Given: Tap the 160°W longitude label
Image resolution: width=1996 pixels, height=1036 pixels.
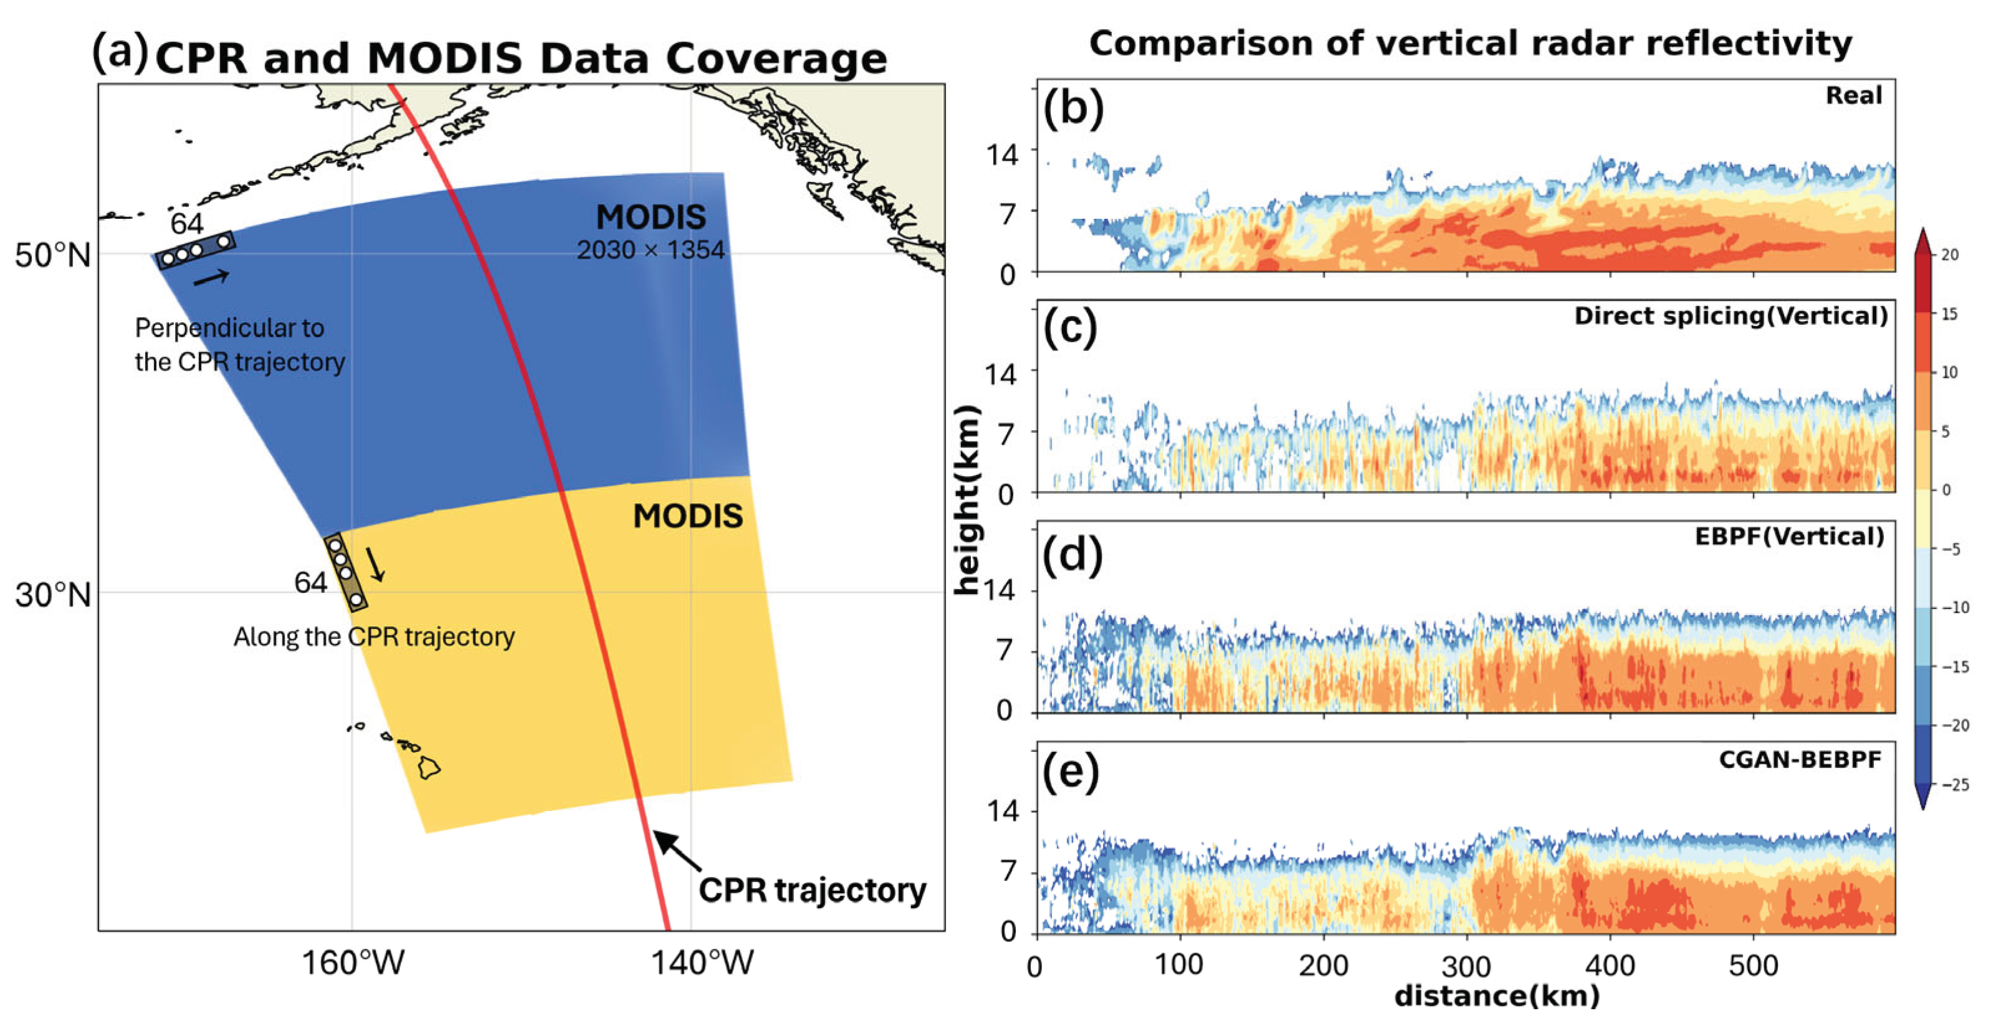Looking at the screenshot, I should point(353,963).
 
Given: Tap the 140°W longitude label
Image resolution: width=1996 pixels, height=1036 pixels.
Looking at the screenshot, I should point(701,963).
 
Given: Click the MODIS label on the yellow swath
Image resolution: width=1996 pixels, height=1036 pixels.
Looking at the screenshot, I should point(687,516).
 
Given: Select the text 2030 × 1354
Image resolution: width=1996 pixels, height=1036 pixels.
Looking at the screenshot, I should point(650,251).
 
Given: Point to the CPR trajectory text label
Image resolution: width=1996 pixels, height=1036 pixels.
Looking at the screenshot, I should point(811,890).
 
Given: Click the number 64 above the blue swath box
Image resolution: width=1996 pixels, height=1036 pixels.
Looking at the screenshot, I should point(187,224).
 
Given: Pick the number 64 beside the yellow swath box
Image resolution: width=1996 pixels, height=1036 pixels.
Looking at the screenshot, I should point(310,583).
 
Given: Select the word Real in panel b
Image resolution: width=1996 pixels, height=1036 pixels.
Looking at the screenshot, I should point(1853,95).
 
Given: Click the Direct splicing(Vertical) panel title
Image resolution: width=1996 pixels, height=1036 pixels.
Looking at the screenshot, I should point(1731,316).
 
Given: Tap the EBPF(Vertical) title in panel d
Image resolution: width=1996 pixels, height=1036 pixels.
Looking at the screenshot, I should point(1788,536).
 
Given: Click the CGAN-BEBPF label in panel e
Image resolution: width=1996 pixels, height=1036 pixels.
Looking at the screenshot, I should point(1799,759).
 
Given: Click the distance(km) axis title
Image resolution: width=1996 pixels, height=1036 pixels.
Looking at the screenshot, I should point(1496,995).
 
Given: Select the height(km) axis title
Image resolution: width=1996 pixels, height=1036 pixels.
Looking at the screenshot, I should point(967,501).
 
